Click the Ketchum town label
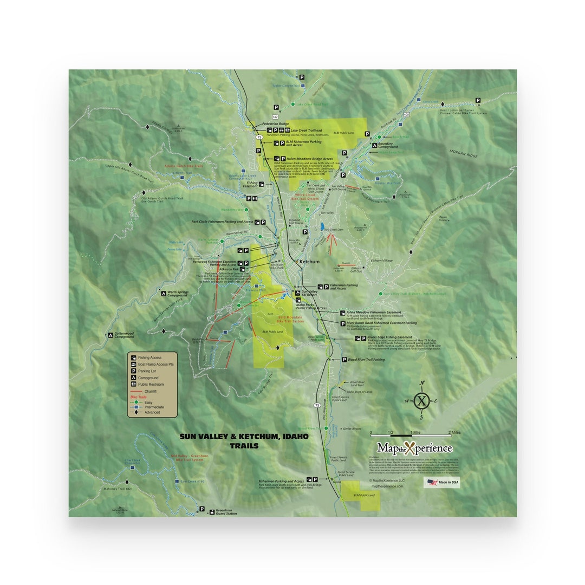[310, 262]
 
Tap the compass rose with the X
[421, 401]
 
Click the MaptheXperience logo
[415, 448]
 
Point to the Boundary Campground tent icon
[373, 146]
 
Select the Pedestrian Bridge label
[275, 123]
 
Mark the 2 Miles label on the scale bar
[454, 433]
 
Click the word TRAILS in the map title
[244, 446]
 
